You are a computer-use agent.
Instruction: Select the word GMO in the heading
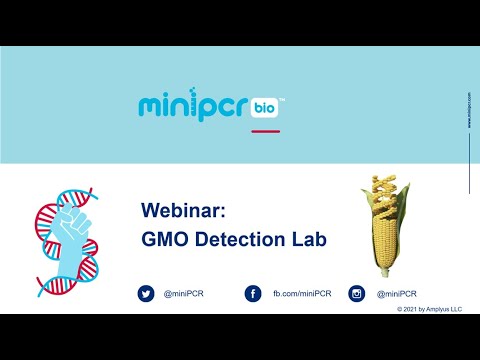[163, 239]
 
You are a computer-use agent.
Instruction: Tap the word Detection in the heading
[234, 239]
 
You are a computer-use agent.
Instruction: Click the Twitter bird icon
[147, 293]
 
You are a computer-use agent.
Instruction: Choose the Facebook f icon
[253, 293]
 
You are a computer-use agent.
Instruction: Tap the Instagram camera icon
[357, 293]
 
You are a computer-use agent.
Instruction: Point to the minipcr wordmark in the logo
[195, 107]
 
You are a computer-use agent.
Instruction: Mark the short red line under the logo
[265, 130]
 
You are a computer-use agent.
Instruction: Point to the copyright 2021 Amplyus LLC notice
[430, 310]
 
